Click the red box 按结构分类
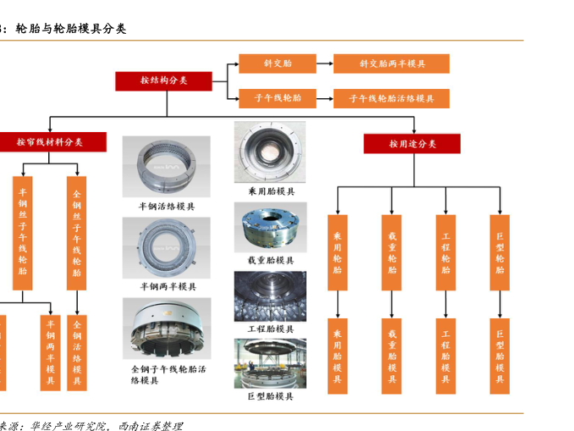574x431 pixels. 164,80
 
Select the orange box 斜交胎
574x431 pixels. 277,64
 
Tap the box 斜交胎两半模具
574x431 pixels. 391,64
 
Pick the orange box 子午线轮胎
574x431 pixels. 277,98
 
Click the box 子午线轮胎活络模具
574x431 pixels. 391,98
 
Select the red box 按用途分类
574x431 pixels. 412,144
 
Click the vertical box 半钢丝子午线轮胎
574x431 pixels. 22,233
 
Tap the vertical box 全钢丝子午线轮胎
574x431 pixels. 76,233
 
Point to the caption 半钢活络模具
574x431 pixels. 167,206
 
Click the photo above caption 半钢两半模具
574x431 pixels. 167,248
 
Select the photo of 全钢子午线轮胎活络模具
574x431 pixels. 167,329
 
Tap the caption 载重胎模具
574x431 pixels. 271,260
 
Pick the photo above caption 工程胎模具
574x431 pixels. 271,296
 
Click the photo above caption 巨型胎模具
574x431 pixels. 271,364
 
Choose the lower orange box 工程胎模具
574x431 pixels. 445,356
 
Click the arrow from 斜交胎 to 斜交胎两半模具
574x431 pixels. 324,64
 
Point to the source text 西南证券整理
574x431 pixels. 152,425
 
